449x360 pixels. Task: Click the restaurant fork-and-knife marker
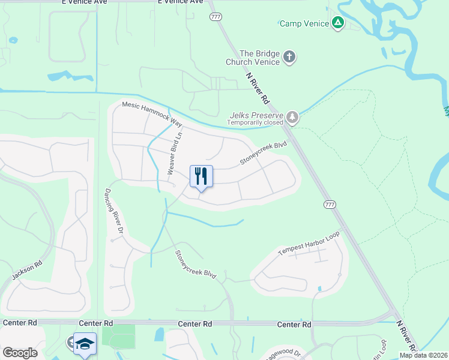202,176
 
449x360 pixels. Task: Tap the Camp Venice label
304,24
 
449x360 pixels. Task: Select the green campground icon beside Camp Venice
339,23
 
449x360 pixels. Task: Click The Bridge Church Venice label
252,58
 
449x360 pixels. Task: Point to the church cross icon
289,58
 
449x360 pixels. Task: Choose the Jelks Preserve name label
256,115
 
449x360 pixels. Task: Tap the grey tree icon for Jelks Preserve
292,117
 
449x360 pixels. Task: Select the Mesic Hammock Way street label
152,113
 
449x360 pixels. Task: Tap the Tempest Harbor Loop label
309,243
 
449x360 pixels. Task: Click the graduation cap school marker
85,344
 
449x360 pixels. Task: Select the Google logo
20,353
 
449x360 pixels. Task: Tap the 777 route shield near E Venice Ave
215,16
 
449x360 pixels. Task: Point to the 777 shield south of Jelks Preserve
329,204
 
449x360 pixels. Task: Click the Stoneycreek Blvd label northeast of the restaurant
264,152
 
